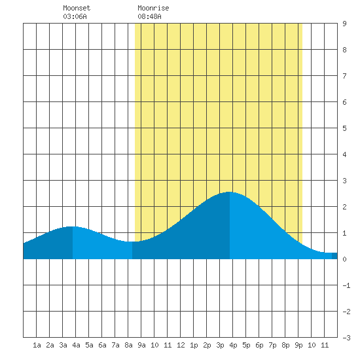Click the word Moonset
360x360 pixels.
pyautogui.click(x=77, y=8)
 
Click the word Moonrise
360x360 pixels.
pyautogui.click(x=153, y=8)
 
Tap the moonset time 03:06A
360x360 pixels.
pyautogui.click(x=75, y=16)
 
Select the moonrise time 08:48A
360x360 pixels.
pyautogui.click(x=149, y=16)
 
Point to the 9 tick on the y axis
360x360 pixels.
pyautogui.click(x=344, y=24)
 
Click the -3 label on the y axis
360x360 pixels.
pyautogui.click(x=346, y=338)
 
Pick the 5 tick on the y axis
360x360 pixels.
pyautogui.click(x=344, y=128)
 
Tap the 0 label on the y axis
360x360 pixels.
pyautogui.click(x=344, y=259)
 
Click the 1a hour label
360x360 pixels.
pyautogui.click(x=37, y=345)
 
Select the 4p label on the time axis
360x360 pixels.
pyautogui.click(x=233, y=345)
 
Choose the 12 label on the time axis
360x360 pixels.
pyautogui.click(x=181, y=345)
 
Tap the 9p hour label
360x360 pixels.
pyautogui.click(x=298, y=345)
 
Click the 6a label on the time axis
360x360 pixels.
pyautogui.click(x=102, y=345)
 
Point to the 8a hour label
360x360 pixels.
pyautogui.click(x=128, y=345)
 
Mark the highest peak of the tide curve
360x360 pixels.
pyautogui.click(x=229, y=192)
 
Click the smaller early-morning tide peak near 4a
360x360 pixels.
pyautogui.click(x=73, y=226)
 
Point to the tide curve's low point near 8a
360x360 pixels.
pyautogui.click(x=132, y=242)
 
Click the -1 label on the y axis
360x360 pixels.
pyautogui.click(x=346, y=285)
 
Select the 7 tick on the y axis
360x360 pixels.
pyautogui.click(x=344, y=76)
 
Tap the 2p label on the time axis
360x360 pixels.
pyautogui.click(x=207, y=345)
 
